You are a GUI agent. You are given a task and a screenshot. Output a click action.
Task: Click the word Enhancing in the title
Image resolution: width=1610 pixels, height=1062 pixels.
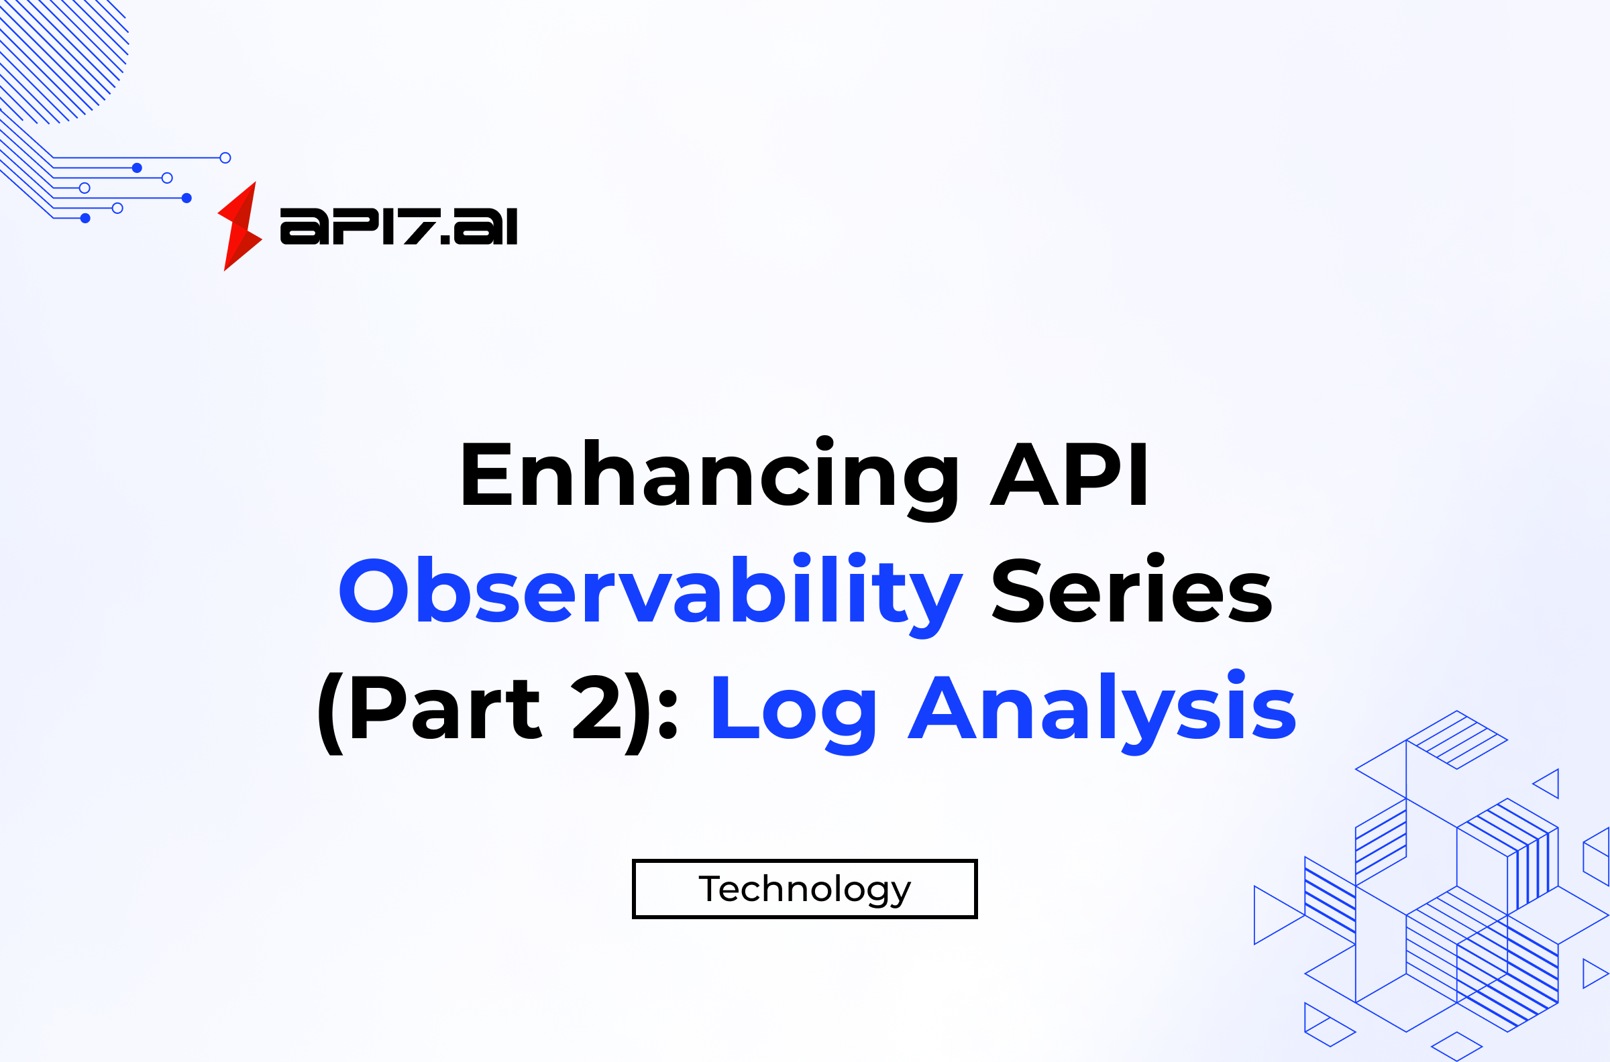710,479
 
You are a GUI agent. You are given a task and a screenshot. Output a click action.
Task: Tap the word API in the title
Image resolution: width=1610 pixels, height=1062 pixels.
1068,474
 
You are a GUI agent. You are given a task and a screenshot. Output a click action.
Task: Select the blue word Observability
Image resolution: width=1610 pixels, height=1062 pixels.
651,595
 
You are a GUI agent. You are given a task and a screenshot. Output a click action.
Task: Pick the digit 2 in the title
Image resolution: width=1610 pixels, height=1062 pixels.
597,707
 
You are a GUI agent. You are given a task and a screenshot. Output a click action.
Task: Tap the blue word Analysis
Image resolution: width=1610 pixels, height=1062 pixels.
1102,713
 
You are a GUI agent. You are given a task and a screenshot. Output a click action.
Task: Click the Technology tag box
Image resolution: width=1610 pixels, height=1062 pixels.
804,889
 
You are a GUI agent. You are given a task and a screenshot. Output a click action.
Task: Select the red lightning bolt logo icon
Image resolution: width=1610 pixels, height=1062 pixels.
240,226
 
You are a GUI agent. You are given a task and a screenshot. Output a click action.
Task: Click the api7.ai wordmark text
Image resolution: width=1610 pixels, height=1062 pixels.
398,226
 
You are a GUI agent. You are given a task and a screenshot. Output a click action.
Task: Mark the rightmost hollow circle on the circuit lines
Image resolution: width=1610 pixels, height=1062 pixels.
225,158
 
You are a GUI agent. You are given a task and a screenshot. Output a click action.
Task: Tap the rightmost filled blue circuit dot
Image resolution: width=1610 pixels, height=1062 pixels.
187,198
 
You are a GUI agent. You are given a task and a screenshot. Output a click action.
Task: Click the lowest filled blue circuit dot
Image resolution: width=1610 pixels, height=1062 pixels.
85,218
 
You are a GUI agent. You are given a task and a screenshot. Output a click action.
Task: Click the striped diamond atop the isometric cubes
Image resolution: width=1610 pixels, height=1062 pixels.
1457,740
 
